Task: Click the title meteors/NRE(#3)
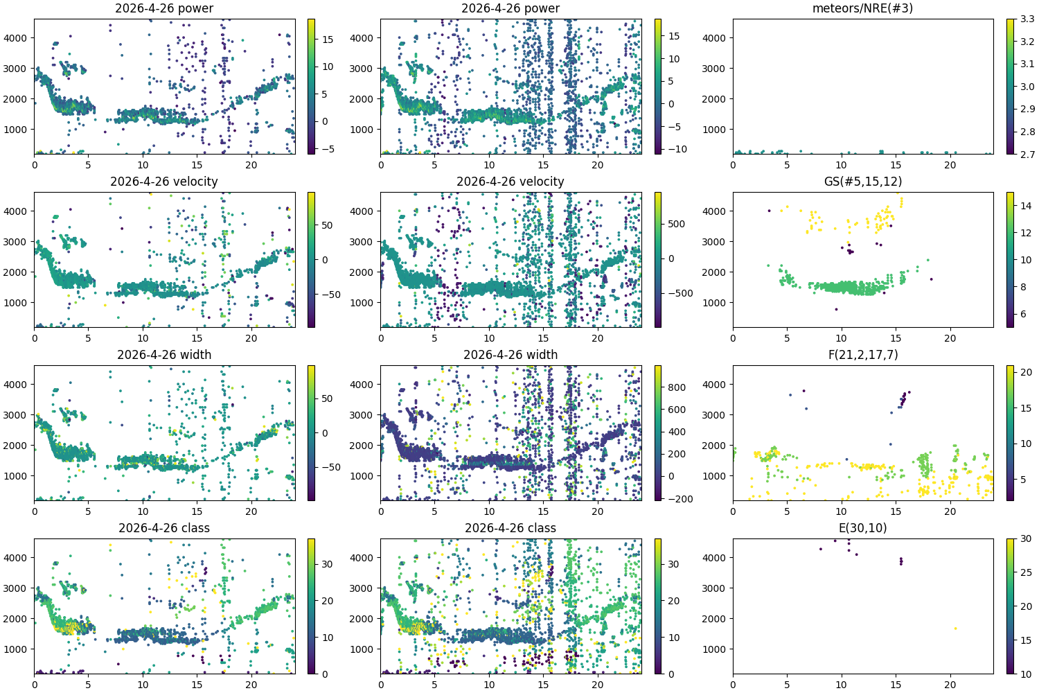point(862,8)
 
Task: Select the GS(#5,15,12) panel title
point(862,182)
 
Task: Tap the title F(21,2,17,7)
point(862,355)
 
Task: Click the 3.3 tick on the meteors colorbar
point(1027,19)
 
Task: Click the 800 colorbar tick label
point(677,387)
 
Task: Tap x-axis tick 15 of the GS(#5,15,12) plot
point(896,338)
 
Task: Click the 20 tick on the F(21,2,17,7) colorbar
point(1026,372)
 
